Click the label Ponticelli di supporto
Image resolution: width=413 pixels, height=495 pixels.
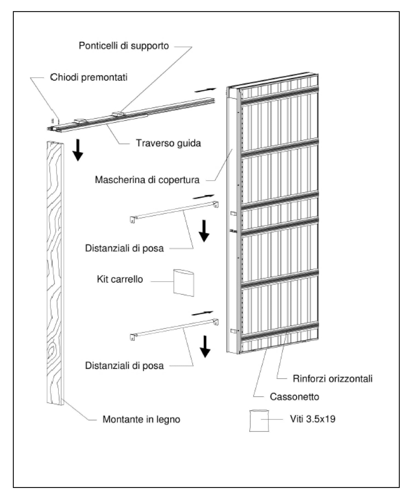pos(124,46)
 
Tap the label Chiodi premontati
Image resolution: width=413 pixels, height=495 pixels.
pos(89,77)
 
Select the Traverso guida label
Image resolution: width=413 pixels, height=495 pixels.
pos(168,143)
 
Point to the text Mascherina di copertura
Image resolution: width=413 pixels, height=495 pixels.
pos(147,180)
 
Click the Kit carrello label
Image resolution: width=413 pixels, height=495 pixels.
pos(120,279)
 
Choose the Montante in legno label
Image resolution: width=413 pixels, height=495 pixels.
pos(141,419)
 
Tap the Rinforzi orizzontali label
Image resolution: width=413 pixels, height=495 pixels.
pos(333,379)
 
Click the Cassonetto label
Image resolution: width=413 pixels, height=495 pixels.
pos(294,396)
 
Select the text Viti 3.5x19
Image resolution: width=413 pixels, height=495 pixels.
pos(313,419)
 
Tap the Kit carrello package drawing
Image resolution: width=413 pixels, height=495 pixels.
pos(184,283)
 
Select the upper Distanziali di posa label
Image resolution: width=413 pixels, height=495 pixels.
pos(124,248)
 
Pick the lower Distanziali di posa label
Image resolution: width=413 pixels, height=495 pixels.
pos(124,366)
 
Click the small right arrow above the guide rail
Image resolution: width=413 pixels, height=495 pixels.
pos(206,90)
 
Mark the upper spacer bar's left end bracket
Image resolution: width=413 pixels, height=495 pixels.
pos(133,219)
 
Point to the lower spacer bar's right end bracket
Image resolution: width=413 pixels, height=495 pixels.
pos(216,322)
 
